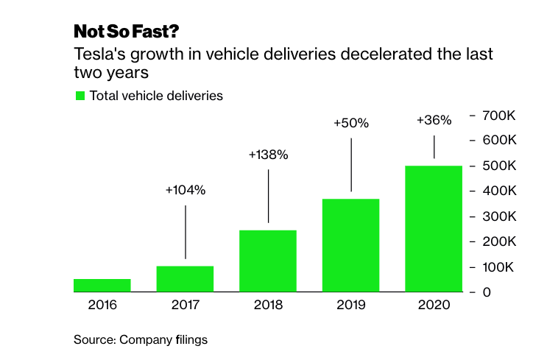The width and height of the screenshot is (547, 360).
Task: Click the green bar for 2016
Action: point(102,285)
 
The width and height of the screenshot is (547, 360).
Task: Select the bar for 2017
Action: point(185,278)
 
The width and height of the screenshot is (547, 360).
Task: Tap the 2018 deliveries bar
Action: point(268,261)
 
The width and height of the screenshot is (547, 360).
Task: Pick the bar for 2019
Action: point(350,245)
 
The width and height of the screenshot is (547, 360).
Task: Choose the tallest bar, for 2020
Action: point(434,228)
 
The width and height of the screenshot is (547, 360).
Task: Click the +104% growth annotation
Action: point(186,190)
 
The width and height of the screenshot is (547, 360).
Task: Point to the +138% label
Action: point(268,155)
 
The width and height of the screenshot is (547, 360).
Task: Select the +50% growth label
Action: point(350,123)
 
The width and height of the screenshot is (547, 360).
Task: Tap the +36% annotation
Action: point(434,120)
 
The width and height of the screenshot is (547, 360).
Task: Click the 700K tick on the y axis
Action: point(503,116)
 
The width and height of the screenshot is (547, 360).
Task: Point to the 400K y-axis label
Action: point(503,191)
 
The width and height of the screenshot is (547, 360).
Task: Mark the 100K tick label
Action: point(503,267)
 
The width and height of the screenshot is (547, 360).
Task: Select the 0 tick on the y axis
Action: point(487,292)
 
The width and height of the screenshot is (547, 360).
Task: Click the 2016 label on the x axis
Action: point(102,305)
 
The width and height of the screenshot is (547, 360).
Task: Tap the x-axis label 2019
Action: point(350,305)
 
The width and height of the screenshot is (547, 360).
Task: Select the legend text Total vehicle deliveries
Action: point(155,96)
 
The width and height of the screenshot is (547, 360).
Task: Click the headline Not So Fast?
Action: point(125,32)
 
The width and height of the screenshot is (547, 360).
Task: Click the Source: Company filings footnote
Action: point(140,340)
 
